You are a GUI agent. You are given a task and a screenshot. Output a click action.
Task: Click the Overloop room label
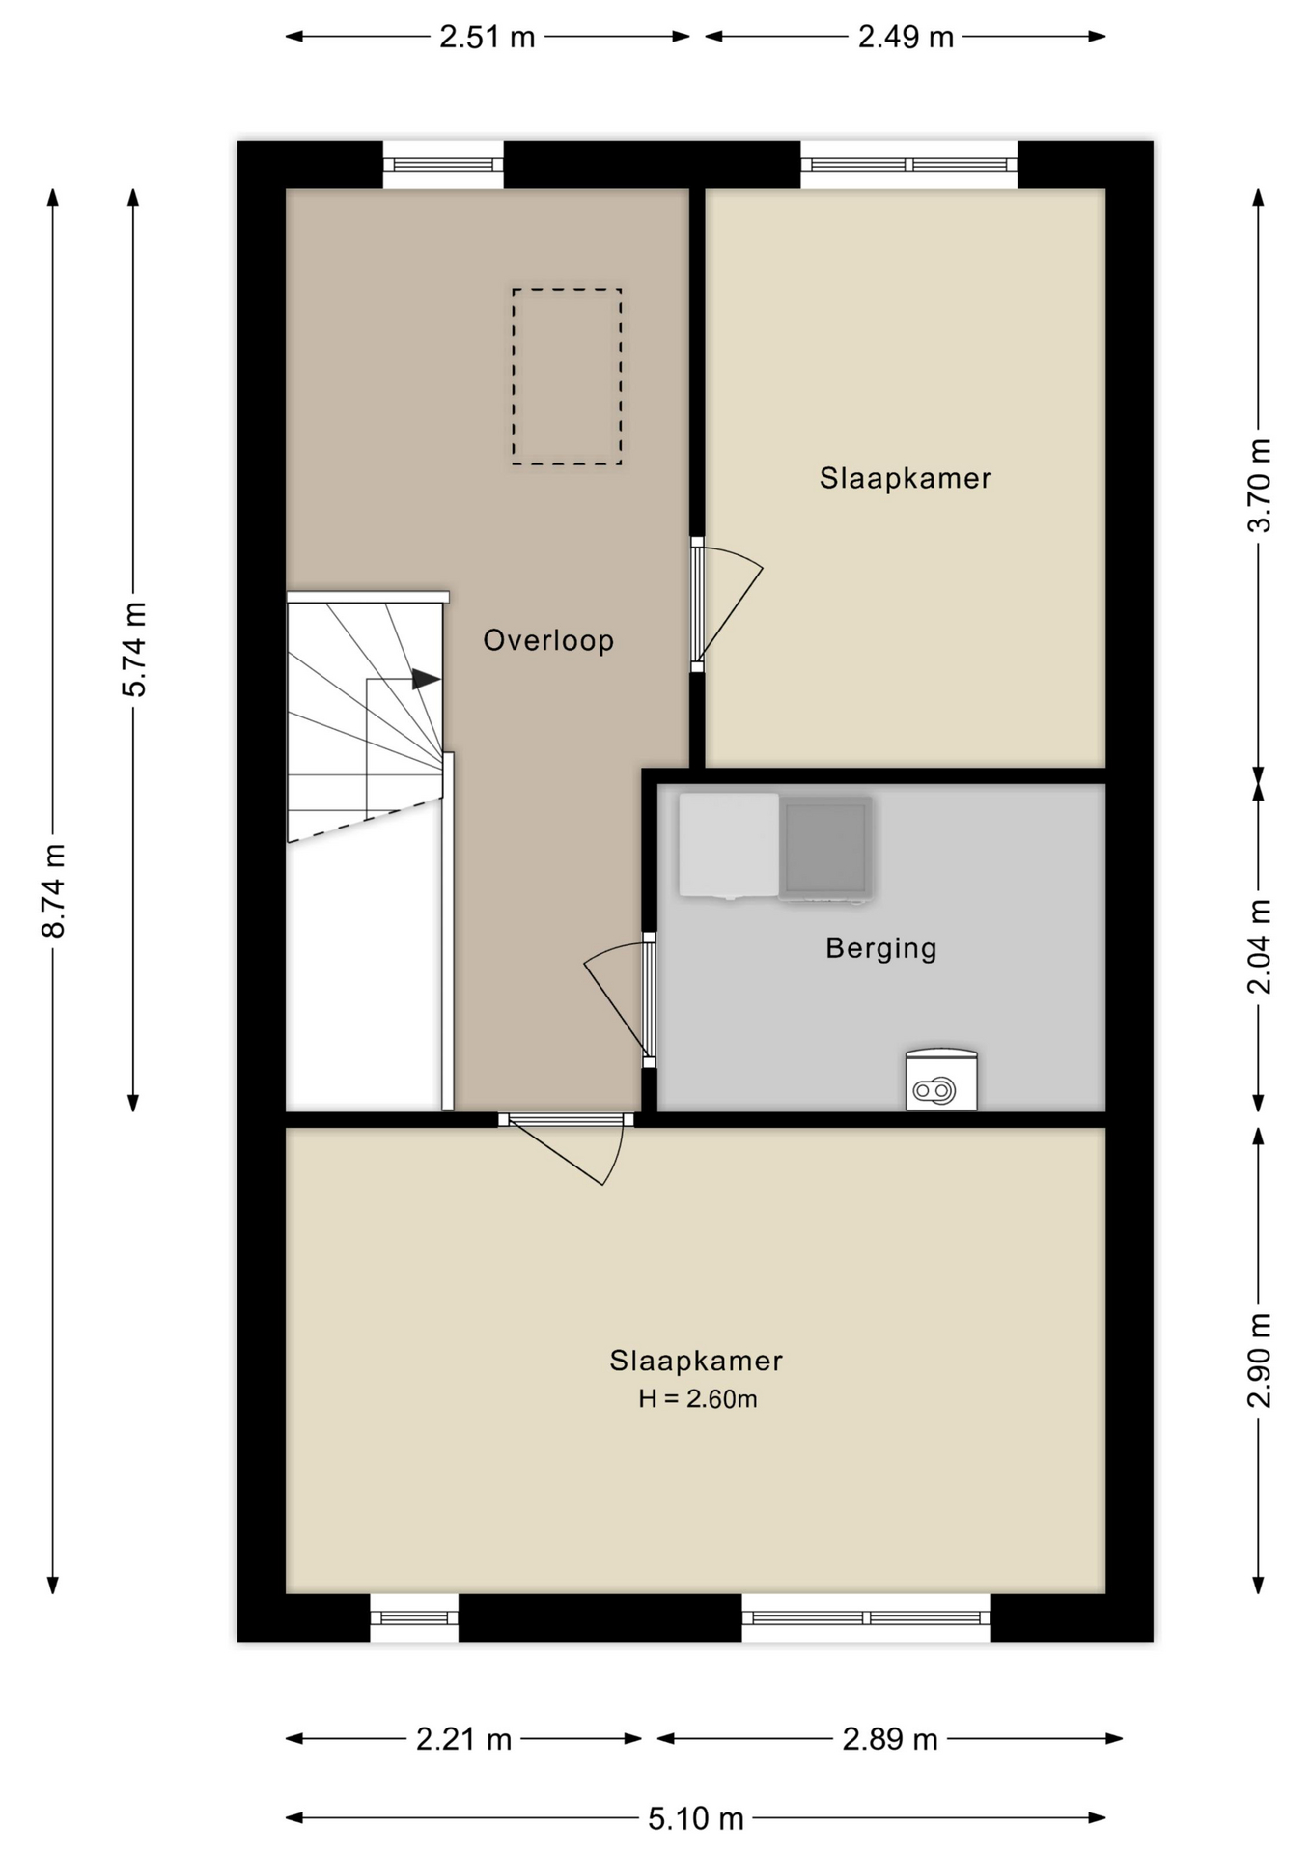pos(548,640)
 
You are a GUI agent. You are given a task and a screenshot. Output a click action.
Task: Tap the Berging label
pos(881,948)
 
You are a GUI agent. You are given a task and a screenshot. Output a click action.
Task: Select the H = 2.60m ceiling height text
pos(697,1398)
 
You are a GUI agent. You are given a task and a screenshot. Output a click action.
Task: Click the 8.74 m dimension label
pos(54,890)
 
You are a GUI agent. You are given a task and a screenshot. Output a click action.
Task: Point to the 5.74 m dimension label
pos(134,649)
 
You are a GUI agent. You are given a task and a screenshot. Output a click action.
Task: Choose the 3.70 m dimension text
pos(1260,485)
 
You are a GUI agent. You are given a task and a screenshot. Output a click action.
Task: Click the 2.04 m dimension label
pos(1260,946)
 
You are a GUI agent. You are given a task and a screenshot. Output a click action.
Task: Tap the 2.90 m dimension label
pos(1260,1361)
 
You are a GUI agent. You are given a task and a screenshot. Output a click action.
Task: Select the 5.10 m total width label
pos(696,1819)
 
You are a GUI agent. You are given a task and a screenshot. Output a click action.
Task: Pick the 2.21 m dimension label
pos(464,1739)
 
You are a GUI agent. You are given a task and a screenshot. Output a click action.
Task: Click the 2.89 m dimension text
pos(890,1739)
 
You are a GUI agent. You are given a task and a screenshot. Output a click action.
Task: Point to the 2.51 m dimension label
pos(488,37)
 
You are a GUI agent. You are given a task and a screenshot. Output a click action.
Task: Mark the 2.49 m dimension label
pos(907,37)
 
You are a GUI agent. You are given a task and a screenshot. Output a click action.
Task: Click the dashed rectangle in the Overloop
pos(513,377)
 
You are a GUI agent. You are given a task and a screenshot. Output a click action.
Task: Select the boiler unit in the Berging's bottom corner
pos(941,1080)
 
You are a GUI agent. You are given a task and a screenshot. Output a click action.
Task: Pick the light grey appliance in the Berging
pos(729,846)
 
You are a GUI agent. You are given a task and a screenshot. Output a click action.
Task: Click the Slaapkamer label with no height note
pos(906,478)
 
